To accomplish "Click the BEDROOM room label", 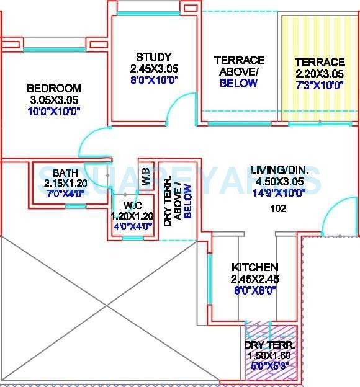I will point(54,88).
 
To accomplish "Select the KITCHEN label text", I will point(254,267).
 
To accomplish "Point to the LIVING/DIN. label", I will point(277,170).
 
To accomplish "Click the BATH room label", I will point(65,172).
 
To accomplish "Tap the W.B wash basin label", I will point(146,176).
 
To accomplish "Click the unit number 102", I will point(277,208).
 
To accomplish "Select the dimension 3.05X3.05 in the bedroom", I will point(54,100).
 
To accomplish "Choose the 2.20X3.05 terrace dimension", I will point(319,74).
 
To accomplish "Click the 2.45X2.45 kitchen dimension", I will point(254,278).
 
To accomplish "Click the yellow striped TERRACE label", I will point(320,62).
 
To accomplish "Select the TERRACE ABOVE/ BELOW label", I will point(239,71).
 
